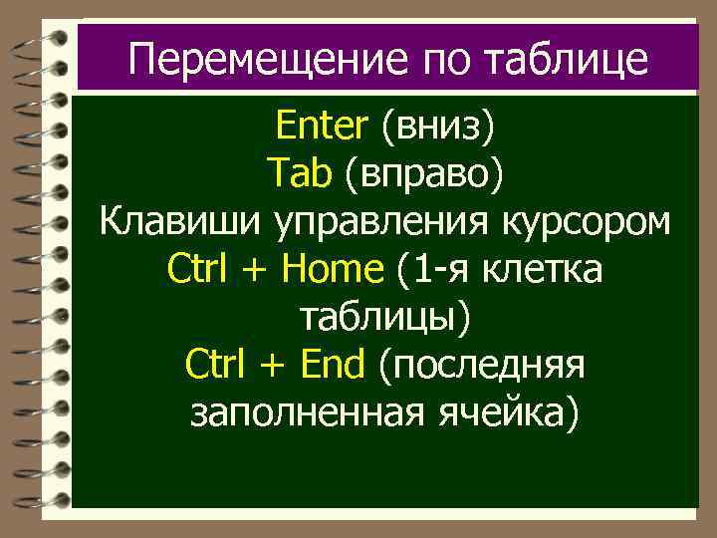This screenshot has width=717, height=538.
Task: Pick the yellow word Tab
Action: pos(299,174)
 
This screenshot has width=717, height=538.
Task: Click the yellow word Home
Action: pos(334,269)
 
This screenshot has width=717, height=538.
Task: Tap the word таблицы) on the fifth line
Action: pos(386,317)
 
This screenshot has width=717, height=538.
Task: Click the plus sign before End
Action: pos(269,366)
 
